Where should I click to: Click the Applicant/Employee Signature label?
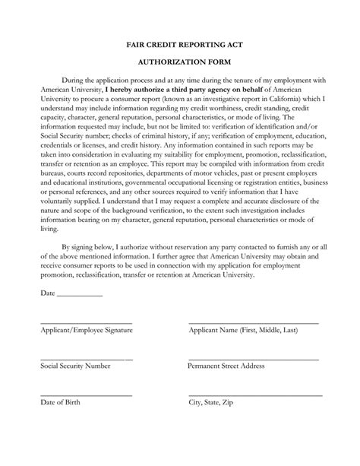click(x=87, y=331)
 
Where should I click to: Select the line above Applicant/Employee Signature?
click(x=87, y=323)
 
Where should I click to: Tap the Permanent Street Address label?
click(x=226, y=366)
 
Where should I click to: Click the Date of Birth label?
click(x=60, y=402)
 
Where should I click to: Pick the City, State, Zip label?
click(x=215, y=402)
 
